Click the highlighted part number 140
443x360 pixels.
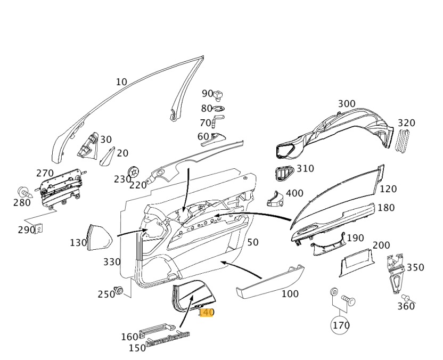coord(206,312)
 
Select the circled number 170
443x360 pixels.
coord(341,325)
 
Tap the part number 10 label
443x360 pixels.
coord(121,82)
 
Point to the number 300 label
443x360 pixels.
coord(347,104)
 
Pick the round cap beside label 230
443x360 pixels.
coord(134,171)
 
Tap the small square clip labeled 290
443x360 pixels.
coord(39,229)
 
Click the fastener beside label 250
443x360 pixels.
coord(120,291)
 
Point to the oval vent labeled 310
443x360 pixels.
coord(284,173)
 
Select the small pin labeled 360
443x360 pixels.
coord(406,298)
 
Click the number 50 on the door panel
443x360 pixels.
coord(252,242)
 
